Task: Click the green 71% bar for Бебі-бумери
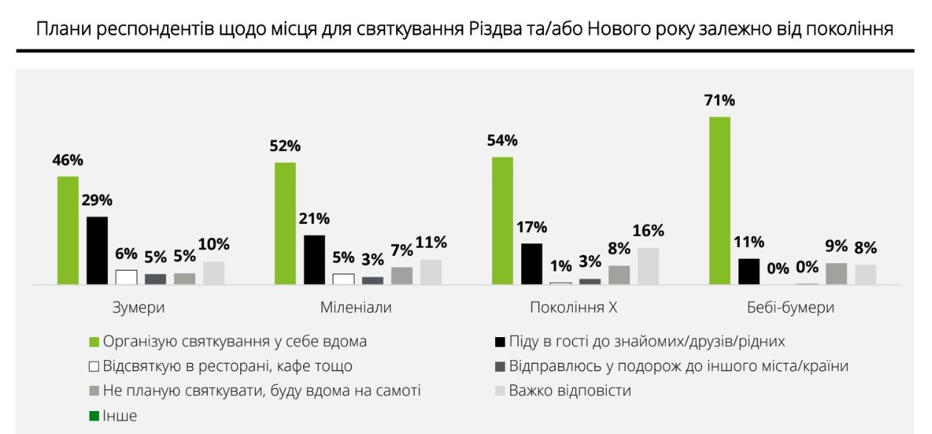click(x=719, y=200)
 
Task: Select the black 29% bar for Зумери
click(x=97, y=250)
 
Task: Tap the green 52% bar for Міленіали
click(x=285, y=223)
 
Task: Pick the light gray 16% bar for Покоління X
click(x=648, y=266)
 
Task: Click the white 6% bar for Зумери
click(x=126, y=277)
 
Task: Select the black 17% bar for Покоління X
click(x=531, y=264)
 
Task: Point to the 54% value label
click(x=502, y=140)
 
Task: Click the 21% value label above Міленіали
click(x=314, y=219)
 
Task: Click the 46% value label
click(x=67, y=160)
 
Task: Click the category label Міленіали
click(x=356, y=308)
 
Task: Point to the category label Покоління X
click(x=574, y=308)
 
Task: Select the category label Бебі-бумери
click(x=792, y=308)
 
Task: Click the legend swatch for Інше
click(x=94, y=416)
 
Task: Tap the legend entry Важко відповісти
click(x=570, y=390)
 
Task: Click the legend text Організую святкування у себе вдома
click(x=235, y=342)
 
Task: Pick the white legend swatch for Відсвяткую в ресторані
click(x=94, y=367)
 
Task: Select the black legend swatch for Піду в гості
click(x=500, y=342)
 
